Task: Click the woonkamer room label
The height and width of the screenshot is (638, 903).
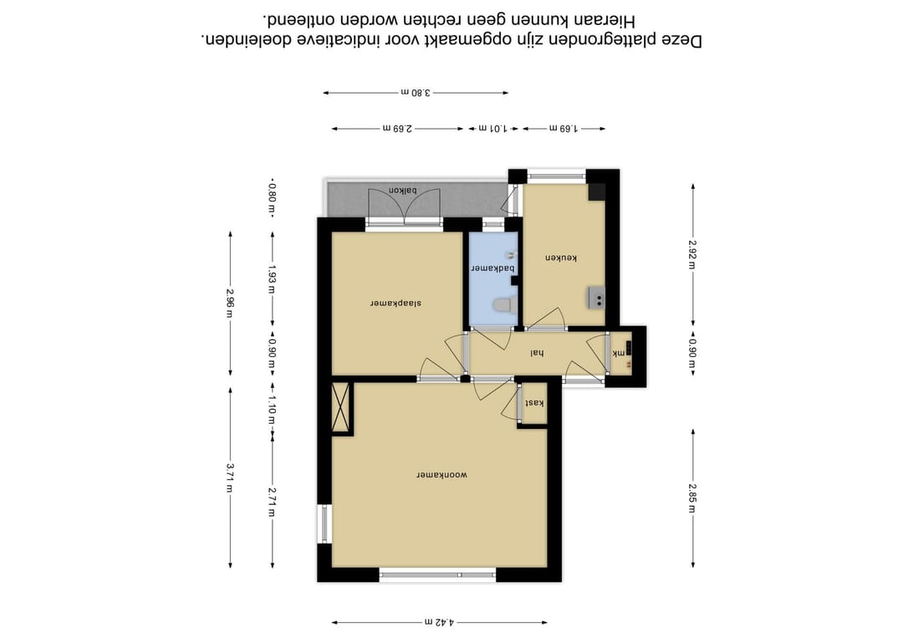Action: pyautogui.click(x=441, y=475)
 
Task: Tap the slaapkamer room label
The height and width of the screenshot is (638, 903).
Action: pyautogui.click(x=395, y=303)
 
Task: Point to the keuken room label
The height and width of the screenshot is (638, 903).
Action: pyautogui.click(x=561, y=258)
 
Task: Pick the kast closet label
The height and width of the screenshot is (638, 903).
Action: pyautogui.click(x=535, y=402)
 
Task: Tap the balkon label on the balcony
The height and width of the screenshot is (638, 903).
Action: pyautogui.click(x=402, y=190)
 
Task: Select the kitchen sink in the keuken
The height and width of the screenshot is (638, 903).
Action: pyautogui.click(x=597, y=298)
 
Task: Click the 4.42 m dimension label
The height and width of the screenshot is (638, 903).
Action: pyautogui.click(x=440, y=622)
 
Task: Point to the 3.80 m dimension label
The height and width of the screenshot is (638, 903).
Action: pyautogui.click(x=416, y=92)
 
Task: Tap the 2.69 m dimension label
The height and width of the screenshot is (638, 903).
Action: pyautogui.click(x=397, y=129)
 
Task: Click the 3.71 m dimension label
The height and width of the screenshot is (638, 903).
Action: pyautogui.click(x=231, y=478)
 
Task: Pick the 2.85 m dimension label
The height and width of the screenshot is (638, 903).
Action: pyautogui.click(x=693, y=498)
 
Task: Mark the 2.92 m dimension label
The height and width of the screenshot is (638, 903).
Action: pyautogui.click(x=693, y=255)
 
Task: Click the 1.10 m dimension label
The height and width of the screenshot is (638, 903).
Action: pyautogui.click(x=273, y=410)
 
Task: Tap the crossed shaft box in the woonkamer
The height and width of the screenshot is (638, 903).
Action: pyautogui.click(x=341, y=407)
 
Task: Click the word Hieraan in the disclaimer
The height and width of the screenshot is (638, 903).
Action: pyautogui.click(x=601, y=21)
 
